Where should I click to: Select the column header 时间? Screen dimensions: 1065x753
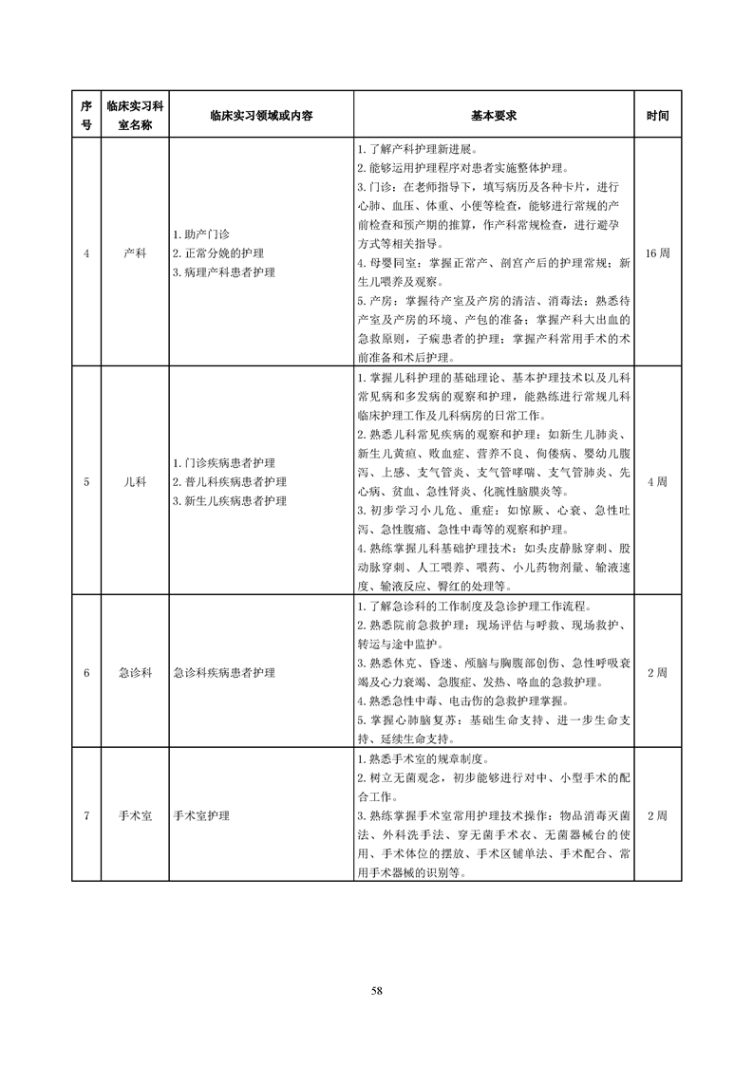pyautogui.click(x=657, y=115)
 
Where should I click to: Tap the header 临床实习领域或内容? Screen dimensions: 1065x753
pyautogui.click(x=261, y=115)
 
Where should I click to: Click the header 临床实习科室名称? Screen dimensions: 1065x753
pyautogui.click(x=135, y=115)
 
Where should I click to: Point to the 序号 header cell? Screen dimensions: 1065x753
pyautogui.click(x=86, y=115)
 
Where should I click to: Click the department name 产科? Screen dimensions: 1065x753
pyautogui.click(x=135, y=253)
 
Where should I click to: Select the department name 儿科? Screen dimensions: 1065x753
pyautogui.click(x=135, y=481)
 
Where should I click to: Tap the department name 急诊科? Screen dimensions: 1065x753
pyautogui.click(x=135, y=672)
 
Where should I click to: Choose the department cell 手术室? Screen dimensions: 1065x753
pyautogui.click(x=135, y=815)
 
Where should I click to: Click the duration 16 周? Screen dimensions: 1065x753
pyautogui.click(x=657, y=253)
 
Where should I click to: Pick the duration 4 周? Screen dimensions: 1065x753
pyautogui.click(x=657, y=481)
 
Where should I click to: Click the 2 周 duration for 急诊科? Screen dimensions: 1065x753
pyautogui.click(x=657, y=672)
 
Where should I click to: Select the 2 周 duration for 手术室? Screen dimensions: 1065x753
pyautogui.click(x=657, y=815)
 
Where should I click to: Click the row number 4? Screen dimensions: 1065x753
pyautogui.click(x=86, y=253)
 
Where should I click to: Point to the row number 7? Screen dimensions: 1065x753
pyautogui.click(x=86, y=815)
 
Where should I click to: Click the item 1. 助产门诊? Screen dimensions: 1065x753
pyautogui.click(x=201, y=234)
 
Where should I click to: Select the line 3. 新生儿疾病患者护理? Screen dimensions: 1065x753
pyautogui.click(x=230, y=500)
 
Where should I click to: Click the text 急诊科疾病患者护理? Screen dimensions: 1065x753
pyautogui.click(x=224, y=672)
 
